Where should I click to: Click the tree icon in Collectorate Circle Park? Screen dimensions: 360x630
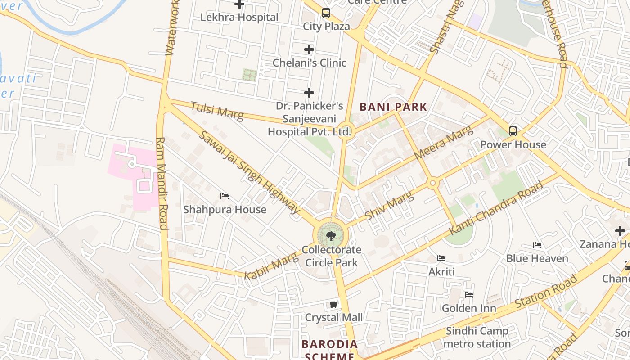pyautogui.click(x=331, y=235)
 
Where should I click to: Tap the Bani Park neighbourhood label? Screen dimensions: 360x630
pyautogui.click(x=393, y=107)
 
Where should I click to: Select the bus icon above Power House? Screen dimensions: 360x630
pyautogui.click(x=513, y=131)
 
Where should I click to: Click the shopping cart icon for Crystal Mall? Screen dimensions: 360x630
pyautogui.click(x=334, y=305)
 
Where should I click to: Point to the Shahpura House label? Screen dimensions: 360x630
pyautogui.click(x=225, y=210)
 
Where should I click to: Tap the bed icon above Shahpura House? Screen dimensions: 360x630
pyautogui.click(x=225, y=196)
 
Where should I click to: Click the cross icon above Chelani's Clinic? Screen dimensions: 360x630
pyautogui.click(x=309, y=49)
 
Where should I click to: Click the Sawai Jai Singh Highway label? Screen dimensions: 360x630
pyautogui.click(x=249, y=172)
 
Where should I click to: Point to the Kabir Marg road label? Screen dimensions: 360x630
pyautogui.click(x=271, y=266)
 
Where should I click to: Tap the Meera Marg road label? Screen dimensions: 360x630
pyautogui.click(x=443, y=143)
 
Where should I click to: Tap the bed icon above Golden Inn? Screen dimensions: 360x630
pyautogui.click(x=469, y=295)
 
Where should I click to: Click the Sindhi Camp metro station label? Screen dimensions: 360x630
pyautogui.click(x=477, y=337)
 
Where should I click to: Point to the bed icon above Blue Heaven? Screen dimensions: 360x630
pyautogui.click(x=537, y=245)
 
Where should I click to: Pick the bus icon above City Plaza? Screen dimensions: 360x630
pyautogui.click(x=326, y=13)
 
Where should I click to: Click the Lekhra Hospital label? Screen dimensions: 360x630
pyautogui.click(x=239, y=18)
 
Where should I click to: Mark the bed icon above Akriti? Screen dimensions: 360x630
pyautogui.click(x=441, y=258)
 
